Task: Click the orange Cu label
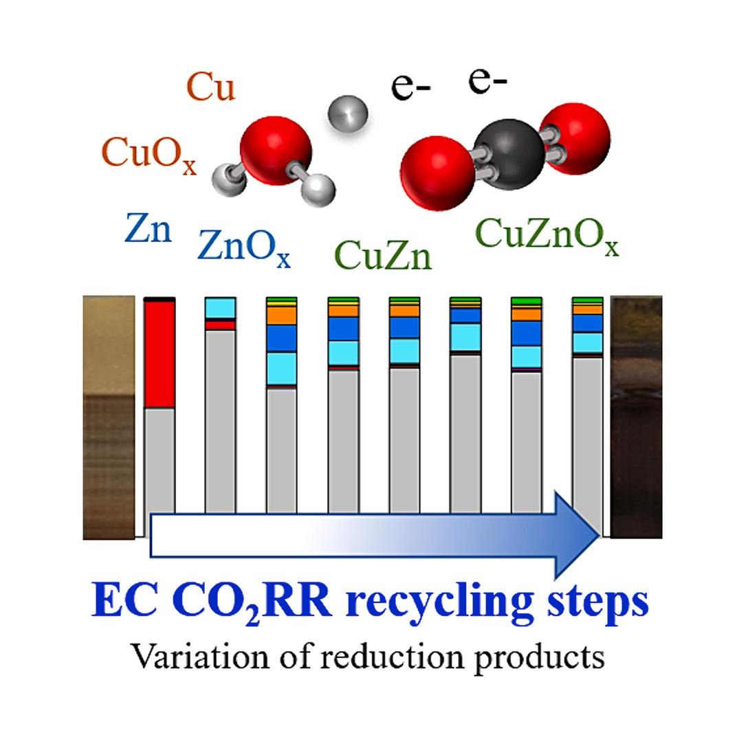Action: point(211,87)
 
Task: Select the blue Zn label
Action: point(148,228)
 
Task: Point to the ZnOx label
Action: point(243,248)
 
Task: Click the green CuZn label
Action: point(383,255)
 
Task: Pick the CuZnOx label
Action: point(547,236)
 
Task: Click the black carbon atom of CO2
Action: point(509,155)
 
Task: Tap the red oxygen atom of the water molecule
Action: point(276,151)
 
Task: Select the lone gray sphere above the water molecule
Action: point(348,115)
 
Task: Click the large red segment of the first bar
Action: point(160,355)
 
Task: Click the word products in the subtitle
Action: point(540,659)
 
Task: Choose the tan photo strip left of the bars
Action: point(109,418)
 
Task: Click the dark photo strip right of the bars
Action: point(636,417)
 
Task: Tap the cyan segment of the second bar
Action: point(220,308)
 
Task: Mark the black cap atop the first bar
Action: point(160,299)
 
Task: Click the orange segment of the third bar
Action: point(282,316)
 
